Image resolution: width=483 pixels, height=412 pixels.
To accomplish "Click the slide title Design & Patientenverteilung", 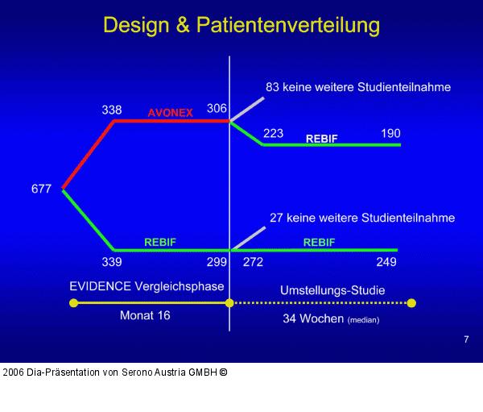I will click(242, 25).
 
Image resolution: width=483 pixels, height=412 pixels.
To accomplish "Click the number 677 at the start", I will click(41, 189).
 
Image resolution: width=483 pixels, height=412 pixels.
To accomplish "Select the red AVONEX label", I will click(170, 113).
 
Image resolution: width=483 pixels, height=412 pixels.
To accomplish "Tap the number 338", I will click(112, 110).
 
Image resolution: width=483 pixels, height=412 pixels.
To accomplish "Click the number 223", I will click(273, 133).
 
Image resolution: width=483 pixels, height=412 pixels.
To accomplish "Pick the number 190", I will click(390, 133).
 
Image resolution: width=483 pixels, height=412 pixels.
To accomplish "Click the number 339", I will click(112, 262).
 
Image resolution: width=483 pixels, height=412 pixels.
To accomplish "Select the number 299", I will click(217, 262).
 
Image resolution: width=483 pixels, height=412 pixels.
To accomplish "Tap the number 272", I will click(253, 262).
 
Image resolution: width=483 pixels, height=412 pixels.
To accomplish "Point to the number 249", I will click(386, 262).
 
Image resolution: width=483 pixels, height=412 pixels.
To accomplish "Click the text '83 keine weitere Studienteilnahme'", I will click(357, 86).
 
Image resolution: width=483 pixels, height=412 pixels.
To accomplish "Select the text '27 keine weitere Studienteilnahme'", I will click(361, 218).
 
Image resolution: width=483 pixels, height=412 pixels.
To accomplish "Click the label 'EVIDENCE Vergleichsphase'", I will click(147, 286).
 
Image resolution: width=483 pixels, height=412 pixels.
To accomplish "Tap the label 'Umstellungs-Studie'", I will click(332, 290).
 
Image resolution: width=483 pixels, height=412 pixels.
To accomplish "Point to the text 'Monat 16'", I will click(145, 315).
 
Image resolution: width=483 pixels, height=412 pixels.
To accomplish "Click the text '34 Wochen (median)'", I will click(330, 319).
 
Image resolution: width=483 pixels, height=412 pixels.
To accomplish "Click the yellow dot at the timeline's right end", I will click(411, 303).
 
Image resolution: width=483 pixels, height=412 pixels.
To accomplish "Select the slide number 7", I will click(466, 339).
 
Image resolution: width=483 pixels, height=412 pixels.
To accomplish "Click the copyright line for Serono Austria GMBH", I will click(115, 372).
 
